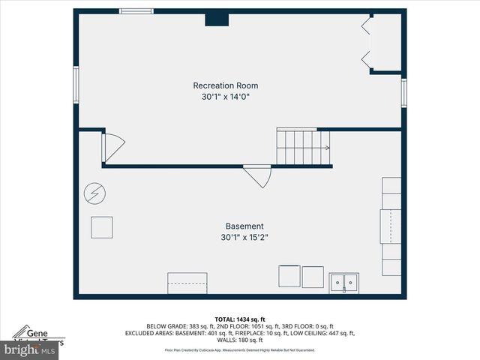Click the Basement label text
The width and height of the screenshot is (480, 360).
click(x=244, y=226)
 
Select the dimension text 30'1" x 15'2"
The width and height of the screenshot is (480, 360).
click(x=244, y=238)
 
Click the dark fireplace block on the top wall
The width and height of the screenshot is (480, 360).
click(x=217, y=18)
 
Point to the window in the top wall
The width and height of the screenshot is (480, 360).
click(x=136, y=11)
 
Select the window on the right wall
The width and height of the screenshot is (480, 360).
click(x=403, y=92)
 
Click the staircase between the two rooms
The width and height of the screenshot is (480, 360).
click(x=302, y=146)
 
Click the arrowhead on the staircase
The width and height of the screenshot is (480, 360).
click(x=327, y=148)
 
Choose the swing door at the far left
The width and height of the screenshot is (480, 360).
click(x=112, y=147)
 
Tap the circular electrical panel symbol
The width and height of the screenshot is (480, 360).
click(x=94, y=193)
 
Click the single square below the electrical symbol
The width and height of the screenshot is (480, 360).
click(x=101, y=227)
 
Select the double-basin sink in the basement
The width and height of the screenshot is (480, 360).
click(x=344, y=283)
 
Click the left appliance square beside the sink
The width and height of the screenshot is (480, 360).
click(x=289, y=277)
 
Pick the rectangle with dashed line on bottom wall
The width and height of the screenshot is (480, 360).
click(x=186, y=283)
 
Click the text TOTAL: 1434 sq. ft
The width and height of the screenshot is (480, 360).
click(x=239, y=319)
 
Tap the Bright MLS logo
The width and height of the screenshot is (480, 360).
click(x=30, y=349)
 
